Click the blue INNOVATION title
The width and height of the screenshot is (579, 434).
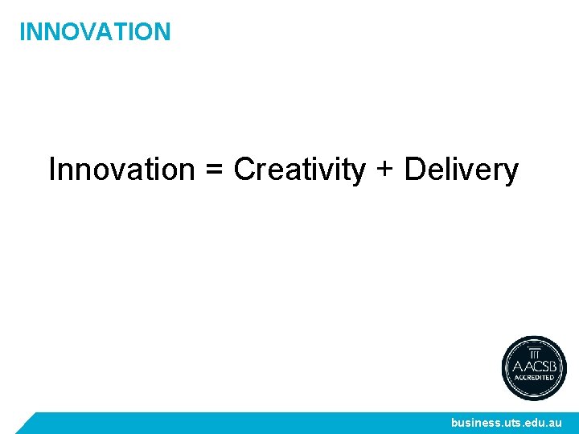(x=95, y=32)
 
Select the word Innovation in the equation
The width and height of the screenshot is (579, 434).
(x=121, y=170)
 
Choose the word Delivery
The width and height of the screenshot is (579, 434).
(x=461, y=170)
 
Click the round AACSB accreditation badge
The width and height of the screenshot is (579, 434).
(x=534, y=367)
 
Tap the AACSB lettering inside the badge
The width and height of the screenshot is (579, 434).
(x=534, y=364)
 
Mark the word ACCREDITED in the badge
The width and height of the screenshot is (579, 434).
(x=534, y=377)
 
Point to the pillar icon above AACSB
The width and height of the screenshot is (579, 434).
(x=534, y=350)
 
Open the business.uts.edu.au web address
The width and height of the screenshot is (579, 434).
(x=507, y=423)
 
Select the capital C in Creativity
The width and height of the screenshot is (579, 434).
(x=244, y=170)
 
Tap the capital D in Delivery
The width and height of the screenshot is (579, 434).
(x=415, y=170)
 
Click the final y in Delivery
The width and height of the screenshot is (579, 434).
(x=511, y=173)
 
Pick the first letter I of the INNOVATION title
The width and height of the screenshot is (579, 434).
(x=22, y=32)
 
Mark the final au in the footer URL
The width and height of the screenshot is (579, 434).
(x=556, y=423)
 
